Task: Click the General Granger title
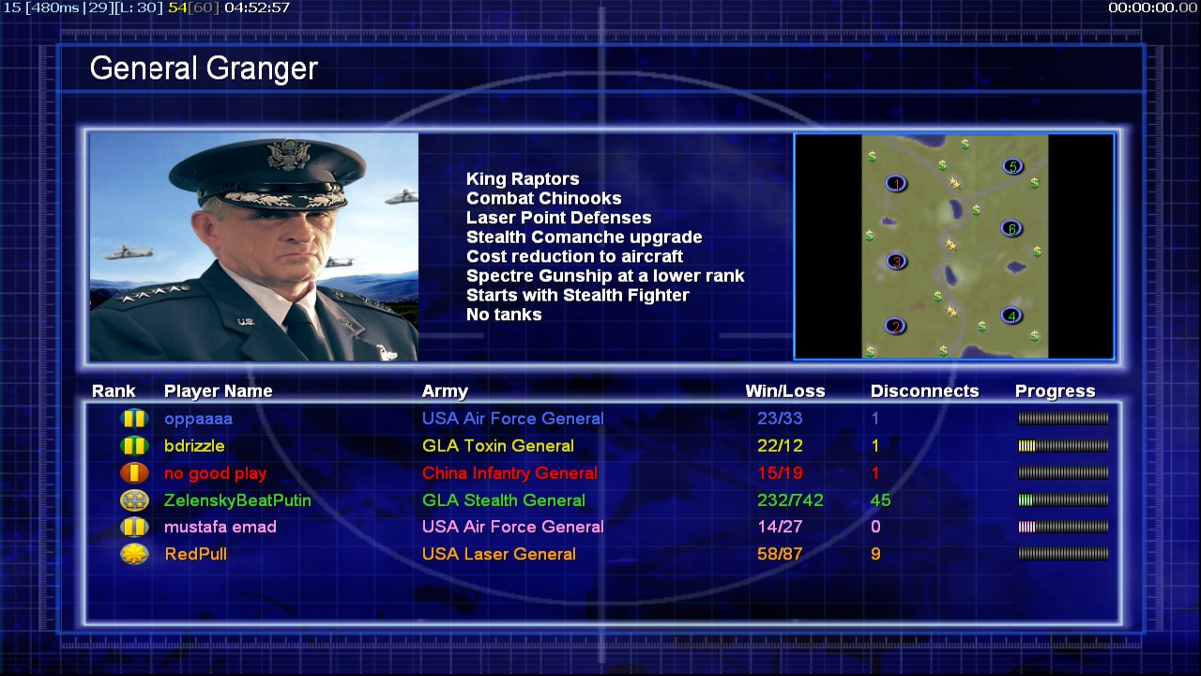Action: coord(204,69)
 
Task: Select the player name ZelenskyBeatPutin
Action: coord(237,500)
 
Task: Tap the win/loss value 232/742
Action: coord(790,500)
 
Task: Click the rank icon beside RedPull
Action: coord(134,554)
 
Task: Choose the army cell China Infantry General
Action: coord(509,473)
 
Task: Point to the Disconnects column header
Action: coord(924,392)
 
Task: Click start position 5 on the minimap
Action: coord(1012,166)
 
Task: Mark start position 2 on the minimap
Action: coord(895,326)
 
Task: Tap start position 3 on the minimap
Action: coord(896,261)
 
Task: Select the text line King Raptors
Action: coord(523,178)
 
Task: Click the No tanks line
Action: coord(504,315)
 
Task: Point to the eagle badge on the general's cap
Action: coord(289,154)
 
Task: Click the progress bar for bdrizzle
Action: coord(1063,446)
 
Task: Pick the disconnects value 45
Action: coord(880,500)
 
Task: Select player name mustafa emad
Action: coord(220,527)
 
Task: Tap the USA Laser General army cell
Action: coord(498,554)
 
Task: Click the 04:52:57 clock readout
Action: coord(257,8)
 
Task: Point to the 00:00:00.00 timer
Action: coord(1152,8)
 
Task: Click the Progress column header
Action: coord(1055,392)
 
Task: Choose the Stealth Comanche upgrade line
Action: coord(585,237)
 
